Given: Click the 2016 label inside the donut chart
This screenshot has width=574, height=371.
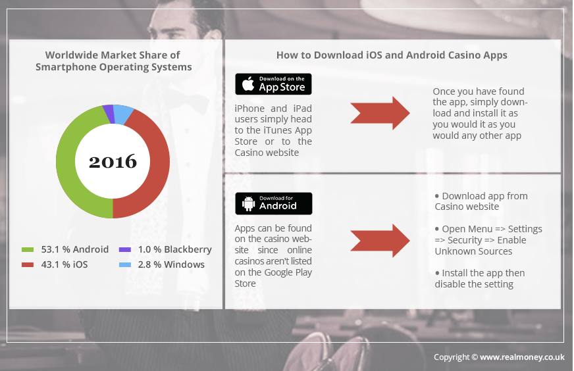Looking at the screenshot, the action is [113, 161].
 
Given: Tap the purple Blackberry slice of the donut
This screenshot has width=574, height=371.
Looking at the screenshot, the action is [109, 114].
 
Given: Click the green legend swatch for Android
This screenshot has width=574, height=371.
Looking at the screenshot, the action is [28, 249].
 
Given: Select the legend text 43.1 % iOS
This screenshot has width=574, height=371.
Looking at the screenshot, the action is [65, 264].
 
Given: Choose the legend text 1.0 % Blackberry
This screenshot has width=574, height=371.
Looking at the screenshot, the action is [174, 249].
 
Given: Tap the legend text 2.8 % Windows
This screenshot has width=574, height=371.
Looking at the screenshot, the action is [171, 264].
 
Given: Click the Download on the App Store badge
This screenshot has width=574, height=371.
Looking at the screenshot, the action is [273, 84].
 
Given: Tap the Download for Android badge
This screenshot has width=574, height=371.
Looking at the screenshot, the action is [273, 203].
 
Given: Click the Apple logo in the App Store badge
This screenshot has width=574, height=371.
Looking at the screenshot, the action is [249, 84].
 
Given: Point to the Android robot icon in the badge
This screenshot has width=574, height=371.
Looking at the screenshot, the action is [249, 203].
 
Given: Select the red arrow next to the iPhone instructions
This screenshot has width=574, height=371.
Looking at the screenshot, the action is [380, 113].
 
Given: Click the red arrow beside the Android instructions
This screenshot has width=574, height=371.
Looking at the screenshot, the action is [380, 241].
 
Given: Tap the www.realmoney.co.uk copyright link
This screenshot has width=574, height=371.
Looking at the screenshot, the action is [522, 357].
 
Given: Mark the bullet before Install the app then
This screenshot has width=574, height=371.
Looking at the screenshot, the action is [436, 273].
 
